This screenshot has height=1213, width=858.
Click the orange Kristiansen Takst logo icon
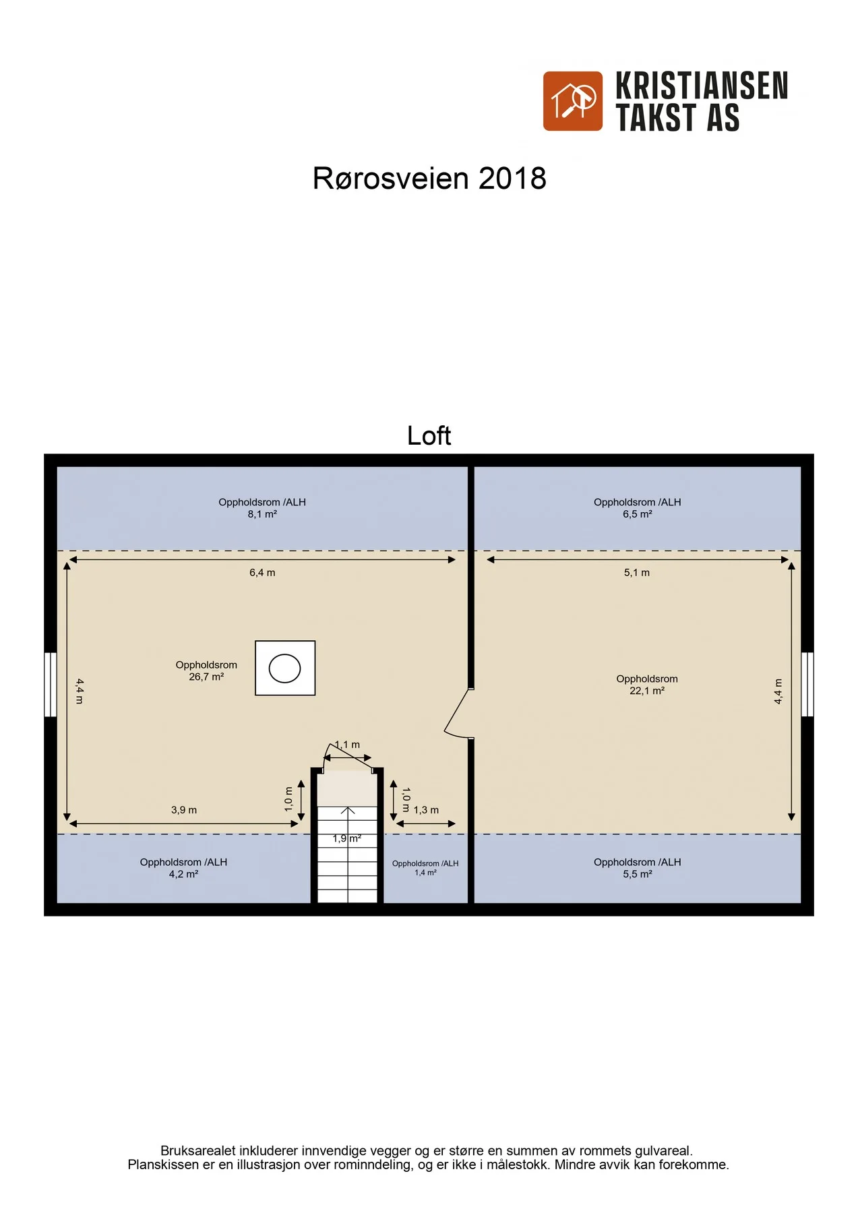tap(573, 101)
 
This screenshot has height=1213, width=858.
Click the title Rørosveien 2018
tap(429, 179)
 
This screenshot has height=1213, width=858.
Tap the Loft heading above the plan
tap(429, 435)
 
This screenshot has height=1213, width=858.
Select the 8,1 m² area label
tap(262, 514)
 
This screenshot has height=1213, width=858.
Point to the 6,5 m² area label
tap(637, 514)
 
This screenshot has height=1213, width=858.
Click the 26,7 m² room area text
tap(206, 677)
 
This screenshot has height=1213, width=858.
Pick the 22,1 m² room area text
tap(647, 691)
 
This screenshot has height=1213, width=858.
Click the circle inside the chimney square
tap(284, 668)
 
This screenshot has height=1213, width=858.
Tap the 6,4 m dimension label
tap(262, 573)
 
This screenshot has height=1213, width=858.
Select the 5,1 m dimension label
tap(637, 573)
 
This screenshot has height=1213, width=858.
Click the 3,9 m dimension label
tap(184, 810)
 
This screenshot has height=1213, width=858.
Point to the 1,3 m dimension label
tap(426, 810)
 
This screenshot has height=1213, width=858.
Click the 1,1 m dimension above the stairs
tap(347, 745)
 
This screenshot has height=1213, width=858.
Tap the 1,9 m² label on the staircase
tap(347, 839)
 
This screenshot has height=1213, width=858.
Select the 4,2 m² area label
tap(183, 875)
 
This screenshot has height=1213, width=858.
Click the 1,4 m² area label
tap(425, 873)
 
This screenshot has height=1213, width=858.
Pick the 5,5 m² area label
tap(637, 875)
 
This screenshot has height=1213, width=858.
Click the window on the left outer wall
tap(51, 684)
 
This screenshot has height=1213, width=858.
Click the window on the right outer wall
tap(807, 684)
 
